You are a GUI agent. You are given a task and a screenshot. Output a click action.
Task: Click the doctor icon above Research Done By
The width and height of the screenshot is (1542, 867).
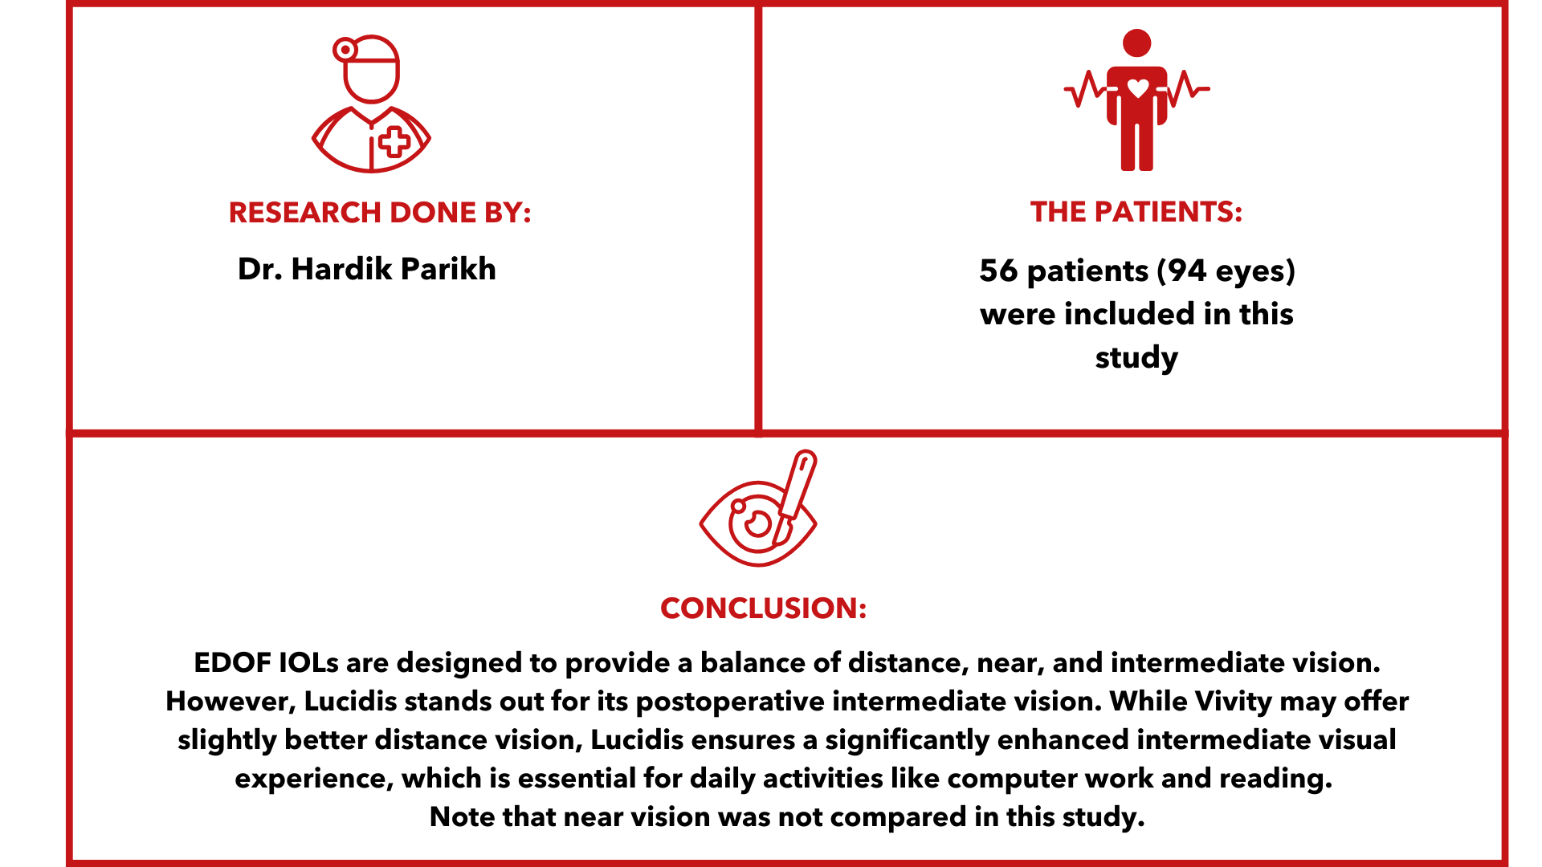pyautogui.click(x=371, y=104)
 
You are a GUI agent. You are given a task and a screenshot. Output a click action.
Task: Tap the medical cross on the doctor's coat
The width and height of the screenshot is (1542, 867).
pyautogui.click(x=394, y=143)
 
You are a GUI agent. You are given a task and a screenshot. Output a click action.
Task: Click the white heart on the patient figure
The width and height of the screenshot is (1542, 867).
pyautogui.click(x=1138, y=88)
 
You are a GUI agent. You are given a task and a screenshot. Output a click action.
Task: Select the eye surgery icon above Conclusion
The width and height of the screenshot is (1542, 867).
pyautogui.click(x=759, y=508)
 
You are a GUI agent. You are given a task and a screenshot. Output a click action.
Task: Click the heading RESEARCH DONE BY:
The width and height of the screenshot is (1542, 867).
pyautogui.click(x=380, y=213)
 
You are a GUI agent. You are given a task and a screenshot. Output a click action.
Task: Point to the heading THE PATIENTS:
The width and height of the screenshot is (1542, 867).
pyautogui.click(x=1136, y=212)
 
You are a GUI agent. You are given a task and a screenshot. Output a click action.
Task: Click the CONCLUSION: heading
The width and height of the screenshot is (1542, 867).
pyautogui.click(x=763, y=609)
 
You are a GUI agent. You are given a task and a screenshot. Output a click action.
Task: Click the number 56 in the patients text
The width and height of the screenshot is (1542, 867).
pyautogui.click(x=998, y=271)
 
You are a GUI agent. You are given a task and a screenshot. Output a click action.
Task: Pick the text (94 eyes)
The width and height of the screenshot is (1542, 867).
pyautogui.click(x=1226, y=271)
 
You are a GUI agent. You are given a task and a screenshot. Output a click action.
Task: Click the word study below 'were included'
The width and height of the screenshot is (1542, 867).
pyautogui.click(x=1136, y=358)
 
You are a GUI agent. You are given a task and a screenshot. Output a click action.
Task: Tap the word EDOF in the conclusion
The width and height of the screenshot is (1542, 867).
pyautogui.click(x=232, y=663)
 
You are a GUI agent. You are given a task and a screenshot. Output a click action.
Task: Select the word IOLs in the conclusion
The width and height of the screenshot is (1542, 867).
pyautogui.click(x=308, y=663)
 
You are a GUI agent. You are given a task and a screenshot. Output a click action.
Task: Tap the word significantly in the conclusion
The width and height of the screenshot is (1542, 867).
pyautogui.click(x=907, y=741)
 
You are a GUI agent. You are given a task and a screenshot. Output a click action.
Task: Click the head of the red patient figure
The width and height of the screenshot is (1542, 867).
pyautogui.click(x=1137, y=43)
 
